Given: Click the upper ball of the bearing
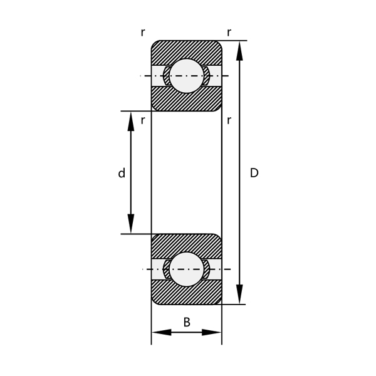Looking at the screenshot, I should click(x=187, y=76).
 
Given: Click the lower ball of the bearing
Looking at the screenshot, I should click(x=187, y=269).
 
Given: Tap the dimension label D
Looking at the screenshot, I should click(x=254, y=174).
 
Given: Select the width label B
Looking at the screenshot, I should click(x=187, y=323).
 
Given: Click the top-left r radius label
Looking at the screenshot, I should click(x=143, y=33).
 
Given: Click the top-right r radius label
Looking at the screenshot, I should click(x=229, y=33).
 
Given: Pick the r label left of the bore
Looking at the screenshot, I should click(x=143, y=120).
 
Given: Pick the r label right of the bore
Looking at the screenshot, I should click(x=229, y=120).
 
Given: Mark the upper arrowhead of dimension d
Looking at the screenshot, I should click(x=131, y=121).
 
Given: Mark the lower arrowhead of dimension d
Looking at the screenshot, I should click(x=131, y=224).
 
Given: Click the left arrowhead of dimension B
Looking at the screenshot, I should click(x=161, y=332).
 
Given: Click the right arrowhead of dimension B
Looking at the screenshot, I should click(x=212, y=332).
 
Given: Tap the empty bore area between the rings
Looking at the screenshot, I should click(x=187, y=172).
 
